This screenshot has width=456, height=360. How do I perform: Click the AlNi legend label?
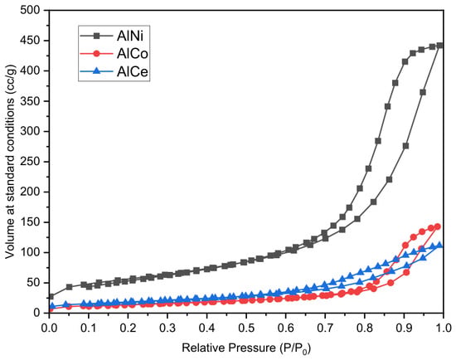point(130,36)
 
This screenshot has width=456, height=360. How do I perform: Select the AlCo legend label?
point(133,54)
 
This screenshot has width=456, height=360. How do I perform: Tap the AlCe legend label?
point(133,71)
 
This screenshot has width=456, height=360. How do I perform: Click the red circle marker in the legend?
point(96,54)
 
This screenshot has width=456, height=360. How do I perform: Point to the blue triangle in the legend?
point(96,71)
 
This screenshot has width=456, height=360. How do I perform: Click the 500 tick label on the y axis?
point(30,11)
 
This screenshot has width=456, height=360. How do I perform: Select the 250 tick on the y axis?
point(30,162)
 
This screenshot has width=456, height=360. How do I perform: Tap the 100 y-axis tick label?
point(30,253)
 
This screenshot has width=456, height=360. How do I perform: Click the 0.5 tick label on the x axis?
point(246,328)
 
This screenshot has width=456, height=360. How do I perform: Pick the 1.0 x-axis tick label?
point(443,328)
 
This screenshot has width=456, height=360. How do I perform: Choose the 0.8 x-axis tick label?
point(365,328)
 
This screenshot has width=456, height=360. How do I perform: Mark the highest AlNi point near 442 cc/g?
point(439,46)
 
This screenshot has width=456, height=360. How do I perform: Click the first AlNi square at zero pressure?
point(51,297)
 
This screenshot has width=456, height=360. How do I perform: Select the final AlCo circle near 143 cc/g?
point(438,226)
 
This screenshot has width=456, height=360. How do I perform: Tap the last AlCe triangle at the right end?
point(439,245)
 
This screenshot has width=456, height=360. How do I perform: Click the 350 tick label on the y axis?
point(30,101)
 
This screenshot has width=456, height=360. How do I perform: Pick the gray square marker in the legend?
point(96,36)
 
